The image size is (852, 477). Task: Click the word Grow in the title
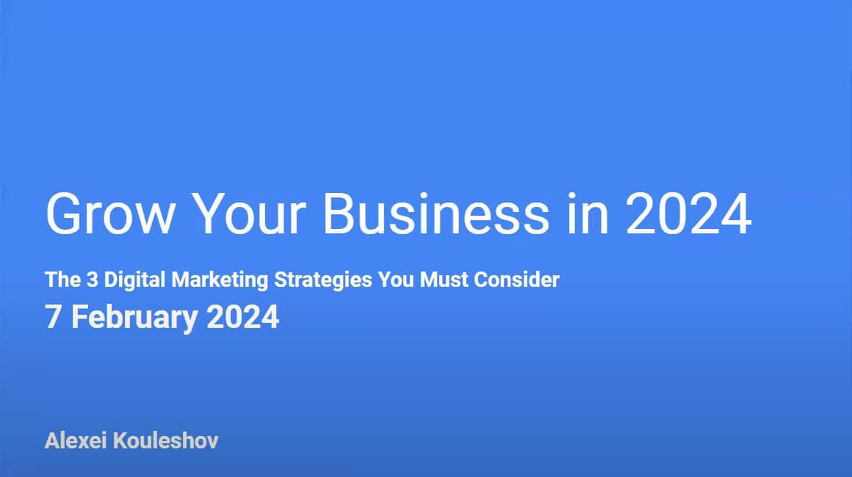(x=109, y=214)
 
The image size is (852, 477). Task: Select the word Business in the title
(x=436, y=214)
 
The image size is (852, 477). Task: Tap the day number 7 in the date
(x=52, y=318)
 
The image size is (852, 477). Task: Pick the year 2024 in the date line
(x=242, y=318)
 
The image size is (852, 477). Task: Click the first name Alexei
(x=76, y=442)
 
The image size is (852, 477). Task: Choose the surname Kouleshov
(x=166, y=442)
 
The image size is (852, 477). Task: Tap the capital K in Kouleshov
(x=120, y=442)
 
